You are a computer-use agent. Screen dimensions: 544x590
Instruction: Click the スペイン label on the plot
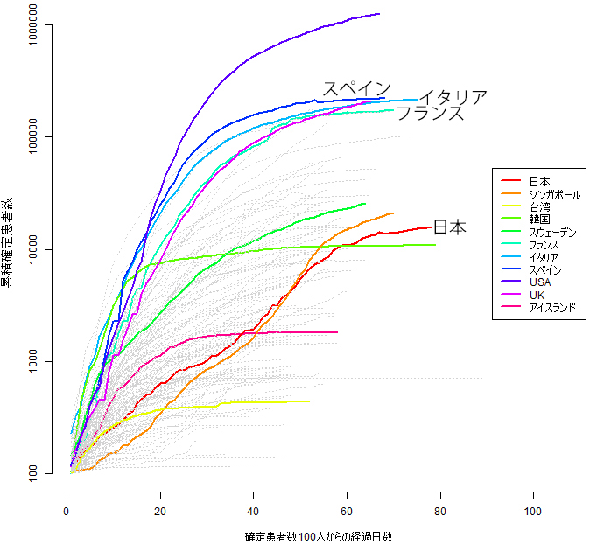point(356,88)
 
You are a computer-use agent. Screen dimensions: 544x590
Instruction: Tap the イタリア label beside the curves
point(453,97)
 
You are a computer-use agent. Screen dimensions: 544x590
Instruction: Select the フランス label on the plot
point(430,113)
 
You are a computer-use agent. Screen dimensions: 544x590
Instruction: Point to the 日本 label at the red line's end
point(450,227)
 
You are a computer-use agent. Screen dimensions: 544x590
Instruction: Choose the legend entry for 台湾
point(539,207)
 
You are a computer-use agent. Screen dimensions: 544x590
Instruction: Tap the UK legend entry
point(537,296)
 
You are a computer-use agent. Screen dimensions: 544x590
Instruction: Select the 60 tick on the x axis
point(347,510)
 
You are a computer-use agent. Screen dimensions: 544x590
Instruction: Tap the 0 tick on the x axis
point(67,510)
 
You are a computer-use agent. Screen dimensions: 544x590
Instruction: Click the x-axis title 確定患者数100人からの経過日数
point(299,535)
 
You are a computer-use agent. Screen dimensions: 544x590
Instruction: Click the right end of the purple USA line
point(379,14)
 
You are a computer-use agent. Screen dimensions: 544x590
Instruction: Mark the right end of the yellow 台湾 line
point(309,401)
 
